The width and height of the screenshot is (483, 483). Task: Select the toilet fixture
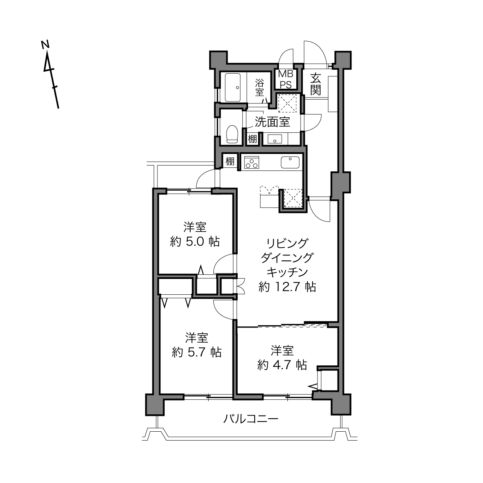pos(232,134)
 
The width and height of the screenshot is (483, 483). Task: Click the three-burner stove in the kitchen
pos(252,162)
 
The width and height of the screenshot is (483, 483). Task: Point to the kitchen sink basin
pos(290,162)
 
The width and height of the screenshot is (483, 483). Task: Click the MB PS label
pos(286,79)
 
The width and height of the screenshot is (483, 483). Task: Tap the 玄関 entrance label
pos(316,85)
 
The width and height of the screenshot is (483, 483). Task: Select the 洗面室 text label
pos(272,122)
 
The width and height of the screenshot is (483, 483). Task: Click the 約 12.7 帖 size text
pos(287,287)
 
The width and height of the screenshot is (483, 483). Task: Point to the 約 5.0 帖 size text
pos(195,241)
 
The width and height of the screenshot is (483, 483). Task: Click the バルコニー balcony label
pos(251,419)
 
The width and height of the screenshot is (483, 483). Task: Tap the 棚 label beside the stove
pos(230,161)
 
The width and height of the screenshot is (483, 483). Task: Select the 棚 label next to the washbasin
pos(252,139)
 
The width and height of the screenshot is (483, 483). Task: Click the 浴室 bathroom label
pos(260,87)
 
